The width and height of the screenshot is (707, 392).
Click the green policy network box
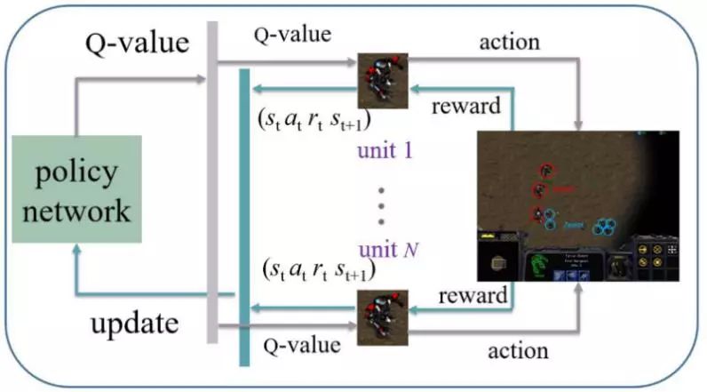pos(77,189)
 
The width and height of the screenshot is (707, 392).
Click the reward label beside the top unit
pos(465,107)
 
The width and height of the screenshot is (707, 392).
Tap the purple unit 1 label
pos(385,148)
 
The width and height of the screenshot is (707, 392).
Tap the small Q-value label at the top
pos(292,36)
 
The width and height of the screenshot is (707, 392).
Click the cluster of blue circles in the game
pos(606,227)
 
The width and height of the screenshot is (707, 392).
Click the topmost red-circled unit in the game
pos(545,171)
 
